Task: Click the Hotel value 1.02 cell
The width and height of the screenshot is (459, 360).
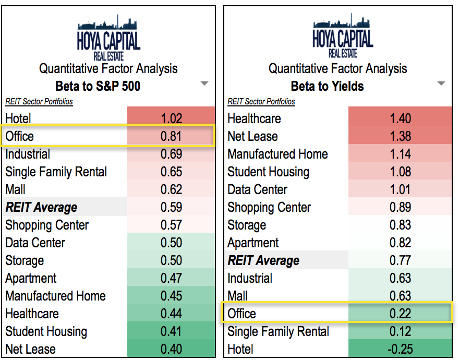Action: (171, 118)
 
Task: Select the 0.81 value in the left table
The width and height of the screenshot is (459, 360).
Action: (171, 136)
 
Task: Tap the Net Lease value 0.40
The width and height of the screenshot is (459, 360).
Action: (171, 349)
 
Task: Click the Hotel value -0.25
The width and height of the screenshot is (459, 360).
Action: (400, 349)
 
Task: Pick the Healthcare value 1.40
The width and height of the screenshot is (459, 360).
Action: (400, 118)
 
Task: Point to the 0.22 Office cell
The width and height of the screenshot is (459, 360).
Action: (400, 314)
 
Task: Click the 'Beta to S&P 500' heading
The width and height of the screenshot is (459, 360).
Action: (98, 86)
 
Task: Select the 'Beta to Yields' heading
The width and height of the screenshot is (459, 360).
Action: (328, 86)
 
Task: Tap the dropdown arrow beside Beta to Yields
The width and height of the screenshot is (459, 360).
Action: (441, 83)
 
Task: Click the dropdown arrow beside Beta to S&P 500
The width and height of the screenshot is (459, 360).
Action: (204, 83)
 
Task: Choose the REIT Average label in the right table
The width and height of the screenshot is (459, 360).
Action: (263, 260)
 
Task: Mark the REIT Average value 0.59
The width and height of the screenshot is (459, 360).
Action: (171, 207)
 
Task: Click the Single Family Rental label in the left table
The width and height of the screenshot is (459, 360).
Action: (56, 172)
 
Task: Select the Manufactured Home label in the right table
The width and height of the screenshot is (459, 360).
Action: (277, 154)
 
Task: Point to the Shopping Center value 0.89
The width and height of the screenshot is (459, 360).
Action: (400, 207)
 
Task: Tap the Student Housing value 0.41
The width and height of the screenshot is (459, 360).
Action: (171, 331)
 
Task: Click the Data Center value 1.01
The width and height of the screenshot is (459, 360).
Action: (400, 189)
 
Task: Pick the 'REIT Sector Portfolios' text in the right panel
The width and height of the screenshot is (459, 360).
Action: (261, 102)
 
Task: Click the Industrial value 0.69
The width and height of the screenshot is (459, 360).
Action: (171, 154)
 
